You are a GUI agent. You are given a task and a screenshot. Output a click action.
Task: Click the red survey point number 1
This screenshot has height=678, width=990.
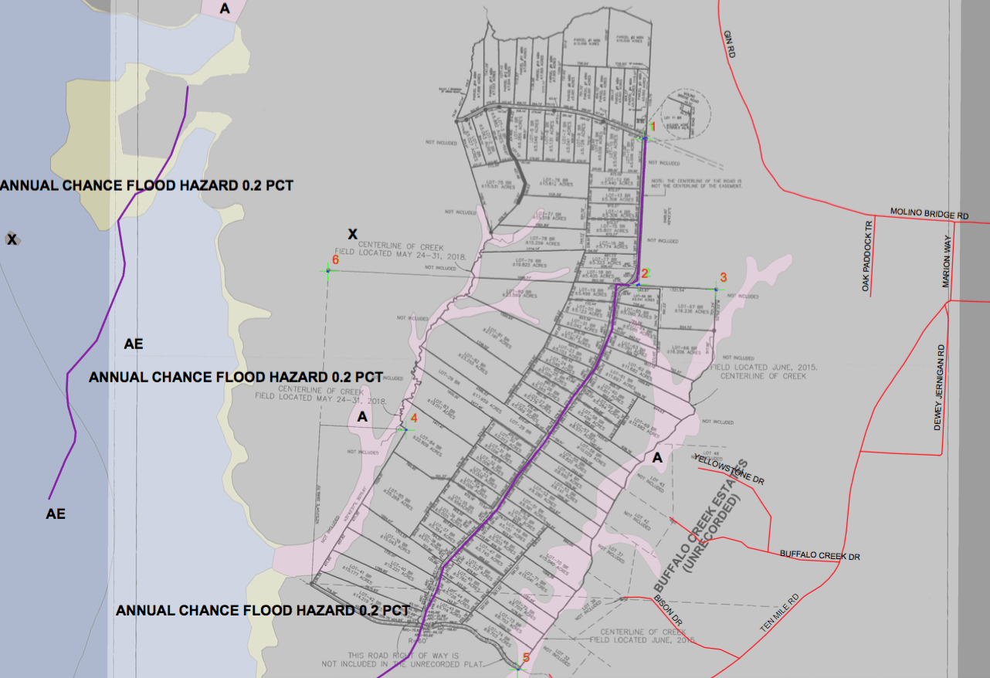point(653,126)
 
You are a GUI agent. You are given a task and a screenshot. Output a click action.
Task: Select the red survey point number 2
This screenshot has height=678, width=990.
point(646,273)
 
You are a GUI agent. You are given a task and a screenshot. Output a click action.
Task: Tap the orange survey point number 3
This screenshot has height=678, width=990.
point(724,277)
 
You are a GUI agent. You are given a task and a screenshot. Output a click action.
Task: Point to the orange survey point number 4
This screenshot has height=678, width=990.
point(414,418)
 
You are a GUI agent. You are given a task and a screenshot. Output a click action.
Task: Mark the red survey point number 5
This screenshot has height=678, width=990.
point(527,658)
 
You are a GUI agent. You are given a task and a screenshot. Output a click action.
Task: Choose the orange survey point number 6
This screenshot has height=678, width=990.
point(335,259)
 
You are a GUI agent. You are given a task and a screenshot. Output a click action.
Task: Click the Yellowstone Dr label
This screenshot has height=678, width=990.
point(729,469)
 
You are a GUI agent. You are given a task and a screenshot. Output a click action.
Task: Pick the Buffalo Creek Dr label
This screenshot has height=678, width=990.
point(819,555)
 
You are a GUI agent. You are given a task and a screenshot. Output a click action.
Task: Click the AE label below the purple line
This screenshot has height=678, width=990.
point(56,514)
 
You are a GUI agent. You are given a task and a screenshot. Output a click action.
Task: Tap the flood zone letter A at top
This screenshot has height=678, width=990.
point(225,8)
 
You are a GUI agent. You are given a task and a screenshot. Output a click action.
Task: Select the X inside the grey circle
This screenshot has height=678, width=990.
point(12,239)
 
